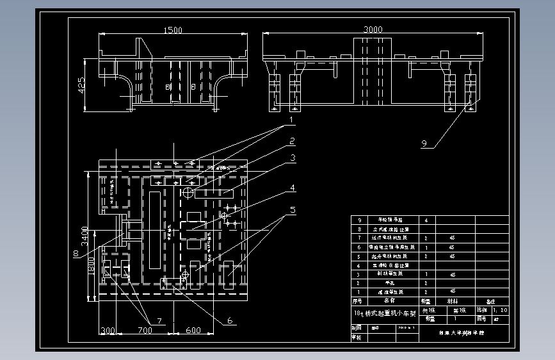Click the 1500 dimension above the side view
click(x=173, y=30)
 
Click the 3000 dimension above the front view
click(x=373, y=30)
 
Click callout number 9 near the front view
click(x=424, y=143)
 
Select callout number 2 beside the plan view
click(x=291, y=141)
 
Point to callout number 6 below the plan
click(x=230, y=321)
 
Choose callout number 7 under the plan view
click(x=151, y=320)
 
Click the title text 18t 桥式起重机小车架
click(x=385, y=314)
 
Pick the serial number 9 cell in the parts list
click(x=360, y=220)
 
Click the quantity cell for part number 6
click(x=426, y=247)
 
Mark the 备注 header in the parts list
click(x=492, y=300)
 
